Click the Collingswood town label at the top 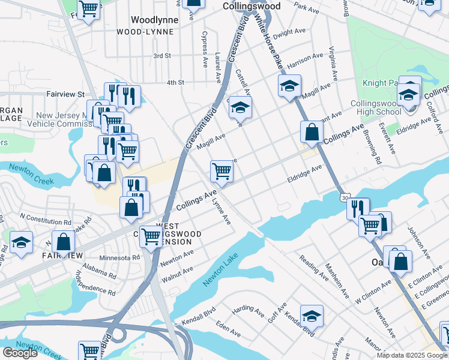click(x=251, y=6)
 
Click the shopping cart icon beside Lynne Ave click(x=221, y=171)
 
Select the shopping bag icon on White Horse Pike click(x=312, y=131)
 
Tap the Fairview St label click(x=65, y=94)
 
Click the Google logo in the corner click(x=20, y=353)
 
